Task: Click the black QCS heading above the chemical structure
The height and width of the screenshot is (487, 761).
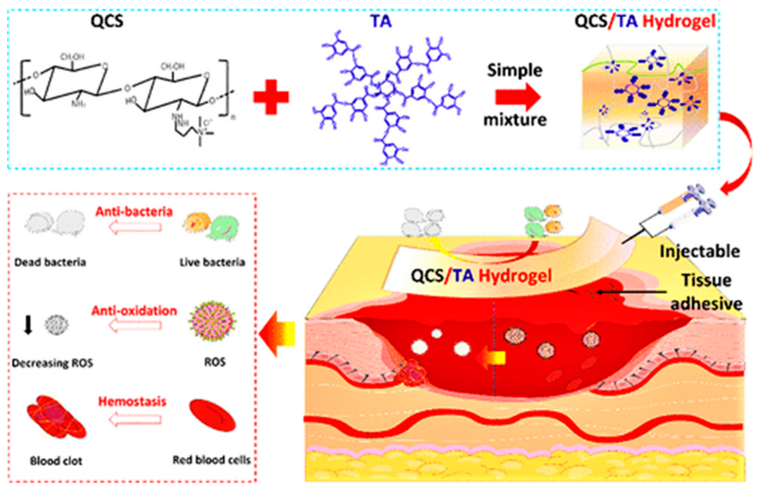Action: [x=107, y=22]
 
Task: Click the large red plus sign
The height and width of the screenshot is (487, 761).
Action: [x=271, y=97]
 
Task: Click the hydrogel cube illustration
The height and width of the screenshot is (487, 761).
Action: [x=645, y=98]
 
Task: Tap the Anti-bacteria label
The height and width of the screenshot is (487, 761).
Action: [x=134, y=212]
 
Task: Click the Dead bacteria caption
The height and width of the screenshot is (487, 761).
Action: [x=50, y=262]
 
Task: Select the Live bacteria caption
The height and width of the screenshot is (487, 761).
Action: [x=212, y=262]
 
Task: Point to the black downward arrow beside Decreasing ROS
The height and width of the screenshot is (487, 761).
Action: [x=28, y=325]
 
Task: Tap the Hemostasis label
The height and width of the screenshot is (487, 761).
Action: [x=132, y=402]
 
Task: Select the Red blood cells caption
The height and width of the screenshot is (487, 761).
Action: [x=212, y=460]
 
